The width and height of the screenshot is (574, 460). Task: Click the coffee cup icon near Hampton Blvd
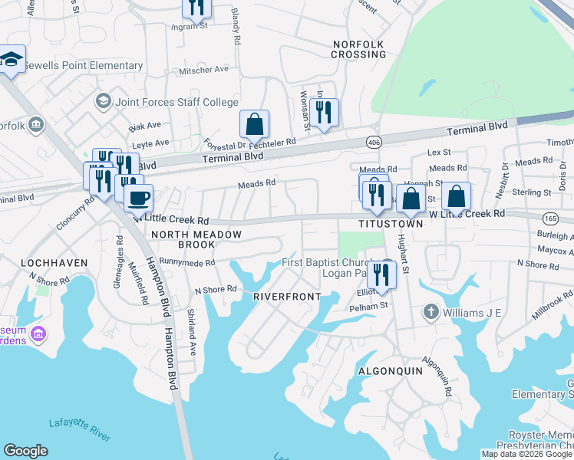coord(138,198)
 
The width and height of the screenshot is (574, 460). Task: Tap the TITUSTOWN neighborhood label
coord(391,224)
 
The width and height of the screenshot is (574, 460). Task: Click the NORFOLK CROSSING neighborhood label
coord(358,49)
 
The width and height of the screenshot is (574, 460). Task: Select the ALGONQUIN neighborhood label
coord(391,370)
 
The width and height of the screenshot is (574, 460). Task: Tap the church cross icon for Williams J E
coord(431,312)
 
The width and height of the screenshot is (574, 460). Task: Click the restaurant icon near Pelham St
coord(380,274)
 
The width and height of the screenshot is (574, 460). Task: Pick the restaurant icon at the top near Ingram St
coord(196,7)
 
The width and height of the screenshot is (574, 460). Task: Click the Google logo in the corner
coord(25,451)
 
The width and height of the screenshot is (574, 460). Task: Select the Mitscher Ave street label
coord(204,69)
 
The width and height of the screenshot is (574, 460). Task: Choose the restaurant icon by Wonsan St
coord(325,113)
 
